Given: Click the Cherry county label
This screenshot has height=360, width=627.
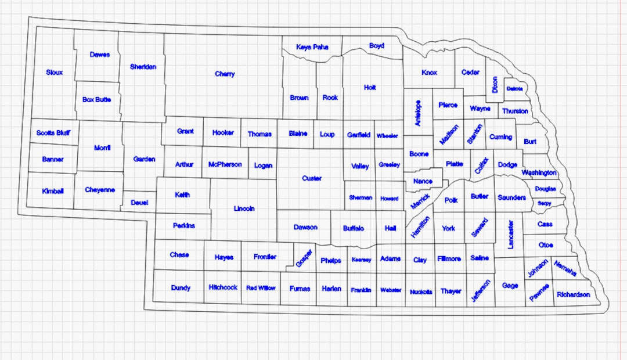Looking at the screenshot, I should tap(225, 74).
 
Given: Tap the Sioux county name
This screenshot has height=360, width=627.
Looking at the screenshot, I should tap(55, 73).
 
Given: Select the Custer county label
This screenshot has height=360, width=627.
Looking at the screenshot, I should tap(312, 178).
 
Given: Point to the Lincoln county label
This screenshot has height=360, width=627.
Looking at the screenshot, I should tap(244, 208).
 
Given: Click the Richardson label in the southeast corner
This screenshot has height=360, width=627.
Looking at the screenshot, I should tap(573, 294).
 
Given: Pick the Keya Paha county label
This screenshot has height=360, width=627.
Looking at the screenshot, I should tap(312, 47).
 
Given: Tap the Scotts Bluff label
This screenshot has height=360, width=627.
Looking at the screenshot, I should tap(53, 133).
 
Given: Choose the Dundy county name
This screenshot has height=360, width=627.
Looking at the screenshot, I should tap(181, 287).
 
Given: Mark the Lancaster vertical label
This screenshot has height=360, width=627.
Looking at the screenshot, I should tap(511, 234).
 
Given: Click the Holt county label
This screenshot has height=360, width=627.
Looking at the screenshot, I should tap(370, 88).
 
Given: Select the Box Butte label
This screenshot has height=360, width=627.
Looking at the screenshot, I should tap(96, 99).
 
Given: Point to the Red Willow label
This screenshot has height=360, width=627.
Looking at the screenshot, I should tap(261, 288).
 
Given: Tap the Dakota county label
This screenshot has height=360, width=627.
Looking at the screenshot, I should tap(514, 89).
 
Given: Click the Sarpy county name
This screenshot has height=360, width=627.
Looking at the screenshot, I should tap(544, 203).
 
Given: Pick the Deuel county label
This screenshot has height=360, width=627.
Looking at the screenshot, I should tap(139, 203).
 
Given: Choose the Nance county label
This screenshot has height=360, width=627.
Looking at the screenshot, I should tap(423, 181).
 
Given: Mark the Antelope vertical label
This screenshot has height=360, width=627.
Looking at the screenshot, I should tap(418, 113).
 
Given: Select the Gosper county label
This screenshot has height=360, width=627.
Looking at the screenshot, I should tap(304, 257).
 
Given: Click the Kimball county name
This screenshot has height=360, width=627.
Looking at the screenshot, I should tap(53, 191).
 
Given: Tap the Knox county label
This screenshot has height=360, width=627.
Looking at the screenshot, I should tap(429, 73).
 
